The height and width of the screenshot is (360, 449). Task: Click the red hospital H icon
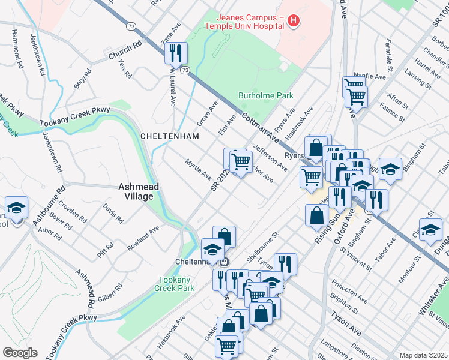point(293,22)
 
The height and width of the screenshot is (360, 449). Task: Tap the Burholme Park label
point(265,95)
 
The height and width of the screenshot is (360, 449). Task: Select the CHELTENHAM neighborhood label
point(169,136)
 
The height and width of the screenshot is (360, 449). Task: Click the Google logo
point(20,353)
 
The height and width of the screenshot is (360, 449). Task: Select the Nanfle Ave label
point(369,77)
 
